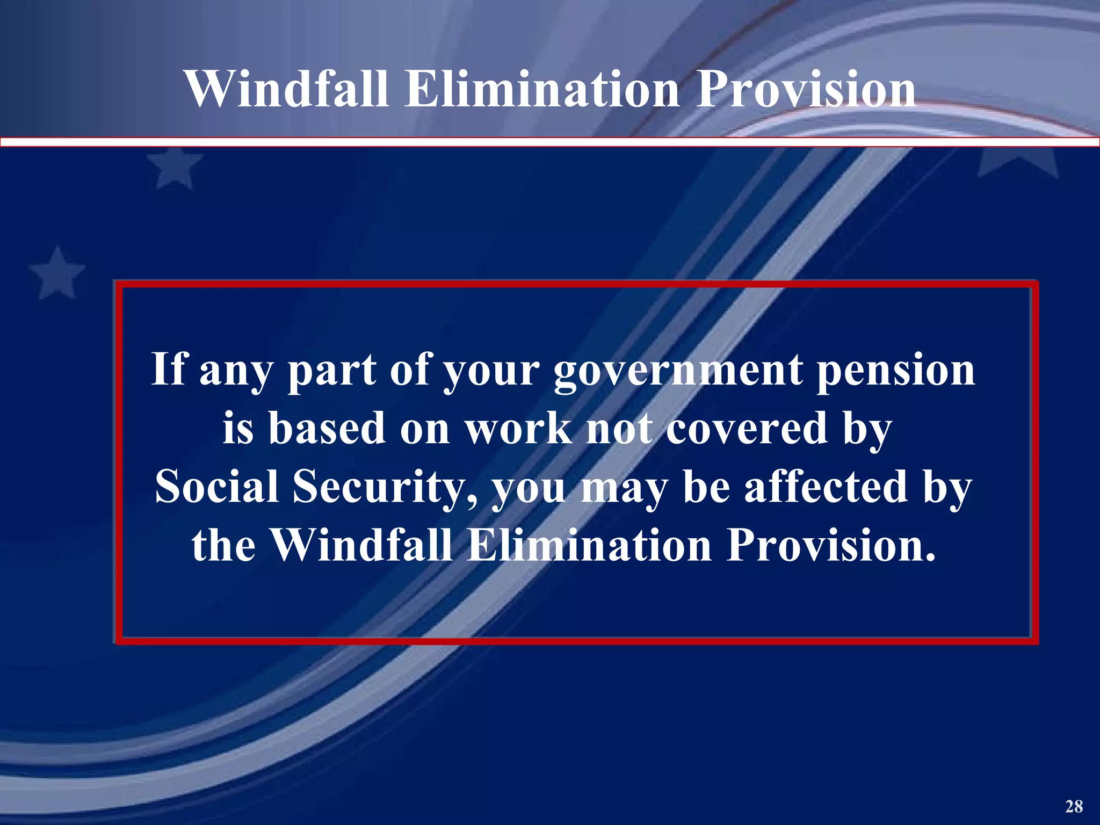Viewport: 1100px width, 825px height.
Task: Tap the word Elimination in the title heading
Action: pyautogui.click(x=542, y=90)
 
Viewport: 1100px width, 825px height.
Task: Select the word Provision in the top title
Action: pyautogui.click(x=806, y=90)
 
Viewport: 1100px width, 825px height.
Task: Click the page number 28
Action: pyautogui.click(x=1074, y=806)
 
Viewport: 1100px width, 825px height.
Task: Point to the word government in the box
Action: pyautogui.click(x=678, y=371)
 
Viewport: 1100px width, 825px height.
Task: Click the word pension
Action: pyautogui.click(x=896, y=371)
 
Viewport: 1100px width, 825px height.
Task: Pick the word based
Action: pyautogui.click(x=327, y=429)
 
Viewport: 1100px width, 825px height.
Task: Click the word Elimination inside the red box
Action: pyautogui.click(x=589, y=546)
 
